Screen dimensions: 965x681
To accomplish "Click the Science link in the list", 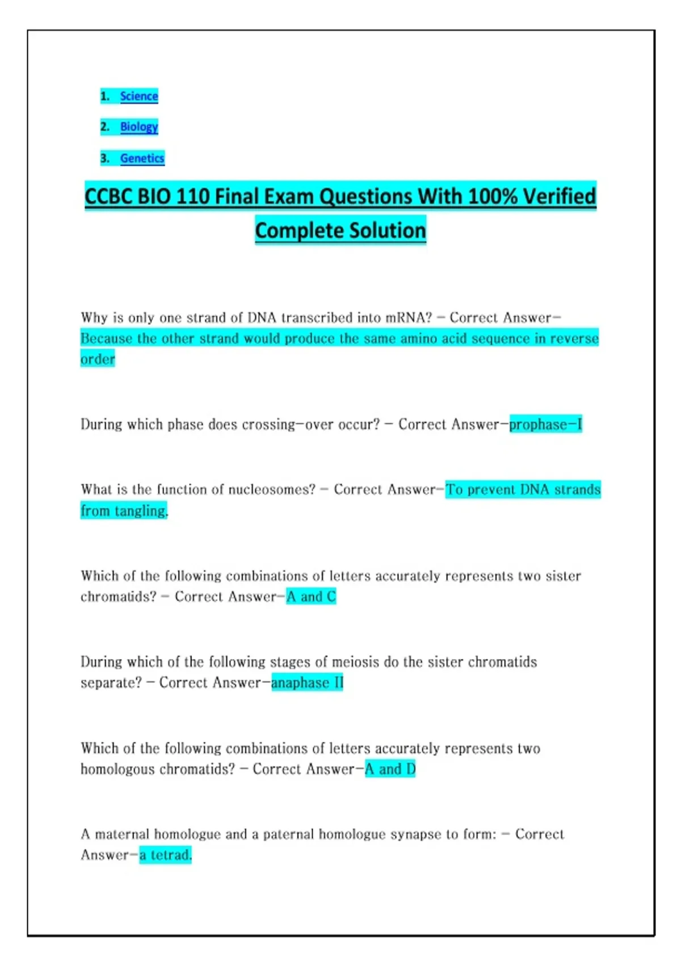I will click(x=139, y=96).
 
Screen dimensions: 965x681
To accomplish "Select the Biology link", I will click(x=139, y=127).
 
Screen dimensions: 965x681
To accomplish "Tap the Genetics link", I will click(x=142, y=158).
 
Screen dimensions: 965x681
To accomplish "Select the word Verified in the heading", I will click(x=559, y=197).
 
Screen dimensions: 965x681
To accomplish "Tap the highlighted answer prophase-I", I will click(x=545, y=425).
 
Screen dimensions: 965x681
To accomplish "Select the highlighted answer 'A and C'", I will click(x=311, y=597).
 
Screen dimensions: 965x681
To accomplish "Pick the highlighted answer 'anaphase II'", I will click(x=307, y=682).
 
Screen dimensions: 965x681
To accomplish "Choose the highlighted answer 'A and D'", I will click(x=390, y=769).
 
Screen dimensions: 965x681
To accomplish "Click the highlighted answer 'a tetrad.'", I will click(x=165, y=855).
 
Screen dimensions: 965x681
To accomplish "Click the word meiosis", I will click(x=355, y=662).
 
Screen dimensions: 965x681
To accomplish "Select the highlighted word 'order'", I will click(x=98, y=359).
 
